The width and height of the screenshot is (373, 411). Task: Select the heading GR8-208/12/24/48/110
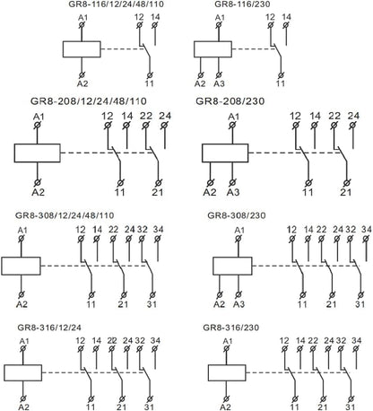click(89, 101)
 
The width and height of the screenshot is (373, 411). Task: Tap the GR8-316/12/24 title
click(49, 328)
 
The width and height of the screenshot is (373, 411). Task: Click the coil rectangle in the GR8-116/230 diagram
click(213, 49)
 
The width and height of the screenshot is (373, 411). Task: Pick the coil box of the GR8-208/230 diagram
click(225, 153)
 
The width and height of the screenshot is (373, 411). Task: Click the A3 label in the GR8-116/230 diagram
click(219, 83)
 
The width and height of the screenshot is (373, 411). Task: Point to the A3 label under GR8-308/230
click(239, 304)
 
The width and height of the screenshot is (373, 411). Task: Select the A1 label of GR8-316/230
click(228, 341)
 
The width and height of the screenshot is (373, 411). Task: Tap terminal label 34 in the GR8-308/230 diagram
click(367, 230)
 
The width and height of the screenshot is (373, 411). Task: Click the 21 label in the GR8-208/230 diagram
click(345, 192)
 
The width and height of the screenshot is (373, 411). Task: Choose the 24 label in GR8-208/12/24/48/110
click(165, 116)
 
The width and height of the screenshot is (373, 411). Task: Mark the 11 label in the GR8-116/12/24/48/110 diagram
click(150, 83)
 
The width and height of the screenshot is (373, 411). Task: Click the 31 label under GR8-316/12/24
click(149, 407)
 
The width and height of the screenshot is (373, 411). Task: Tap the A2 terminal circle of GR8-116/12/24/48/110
click(82, 75)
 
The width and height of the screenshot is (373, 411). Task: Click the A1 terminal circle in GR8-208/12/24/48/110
click(38, 126)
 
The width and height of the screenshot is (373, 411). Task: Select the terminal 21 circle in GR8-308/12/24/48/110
click(124, 295)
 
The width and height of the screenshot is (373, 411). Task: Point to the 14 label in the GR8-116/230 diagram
click(286, 17)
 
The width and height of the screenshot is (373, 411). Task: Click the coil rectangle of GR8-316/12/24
click(23, 372)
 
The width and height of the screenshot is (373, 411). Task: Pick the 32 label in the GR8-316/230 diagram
click(341, 341)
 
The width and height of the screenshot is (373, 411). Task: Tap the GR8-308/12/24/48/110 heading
click(65, 215)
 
